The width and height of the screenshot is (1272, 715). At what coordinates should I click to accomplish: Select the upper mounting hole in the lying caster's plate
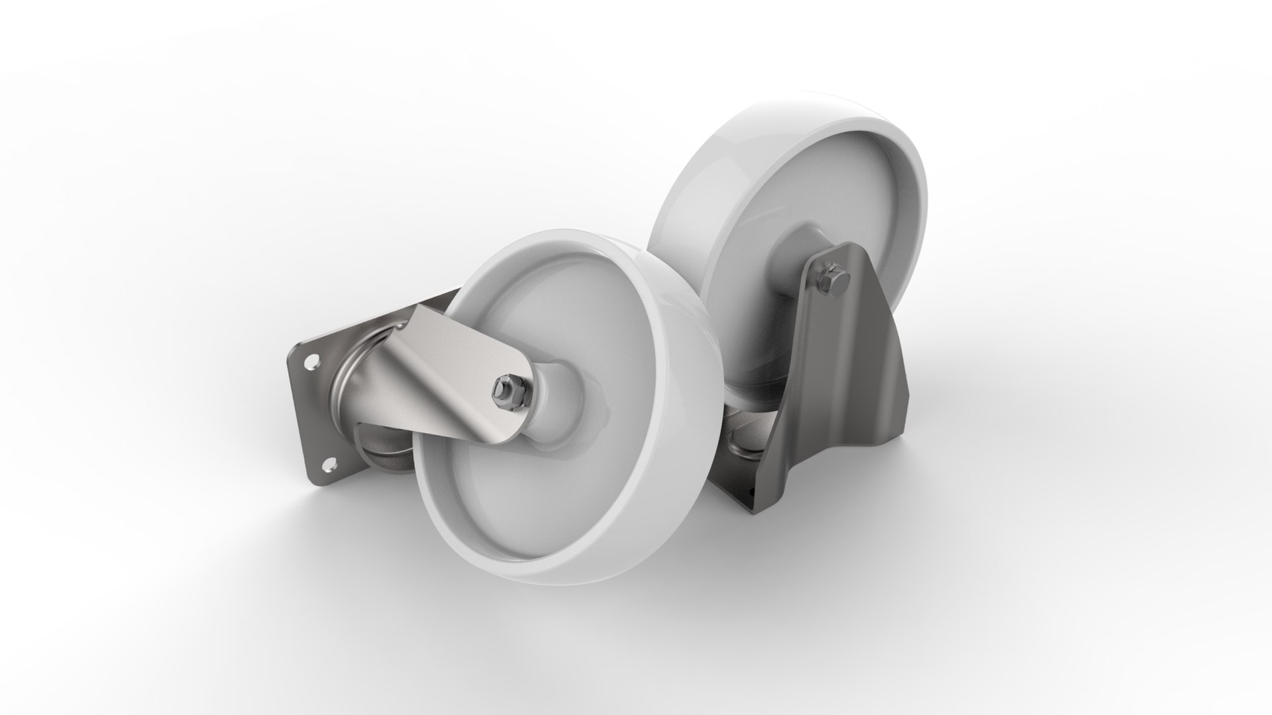click(311, 362)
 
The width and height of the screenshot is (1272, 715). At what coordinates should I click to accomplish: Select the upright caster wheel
click(795, 199)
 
